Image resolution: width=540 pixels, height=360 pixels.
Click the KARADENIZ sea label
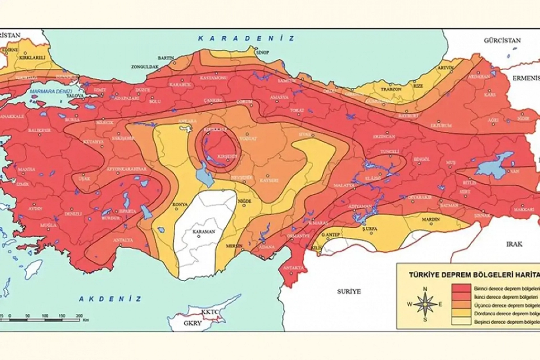(x=246, y=39)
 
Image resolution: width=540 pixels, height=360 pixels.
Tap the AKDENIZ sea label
(x=110, y=299)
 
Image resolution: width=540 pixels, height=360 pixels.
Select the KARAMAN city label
(x=204, y=232)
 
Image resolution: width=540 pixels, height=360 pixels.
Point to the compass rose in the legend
(x=425, y=304)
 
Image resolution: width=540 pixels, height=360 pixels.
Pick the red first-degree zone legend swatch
(x=461, y=288)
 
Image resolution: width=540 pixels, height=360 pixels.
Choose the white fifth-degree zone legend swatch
(x=461, y=321)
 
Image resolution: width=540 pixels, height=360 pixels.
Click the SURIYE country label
(x=349, y=292)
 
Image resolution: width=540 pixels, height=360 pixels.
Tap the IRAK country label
(x=514, y=244)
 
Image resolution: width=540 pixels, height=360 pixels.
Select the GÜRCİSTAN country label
(x=502, y=40)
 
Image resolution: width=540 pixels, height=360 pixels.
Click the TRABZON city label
(x=391, y=89)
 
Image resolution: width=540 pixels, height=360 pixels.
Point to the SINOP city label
(x=262, y=52)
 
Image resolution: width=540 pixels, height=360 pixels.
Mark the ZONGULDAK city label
(x=145, y=67)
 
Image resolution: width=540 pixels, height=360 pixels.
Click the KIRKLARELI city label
(x=32, y=58)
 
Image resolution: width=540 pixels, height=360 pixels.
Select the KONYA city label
(x=180, y=204)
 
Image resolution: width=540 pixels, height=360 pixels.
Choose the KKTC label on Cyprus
(x=210, y=312)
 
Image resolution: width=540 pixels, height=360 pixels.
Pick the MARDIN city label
(x=431, y=219)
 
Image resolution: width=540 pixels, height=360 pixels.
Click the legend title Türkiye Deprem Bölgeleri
(x=474, y=275)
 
